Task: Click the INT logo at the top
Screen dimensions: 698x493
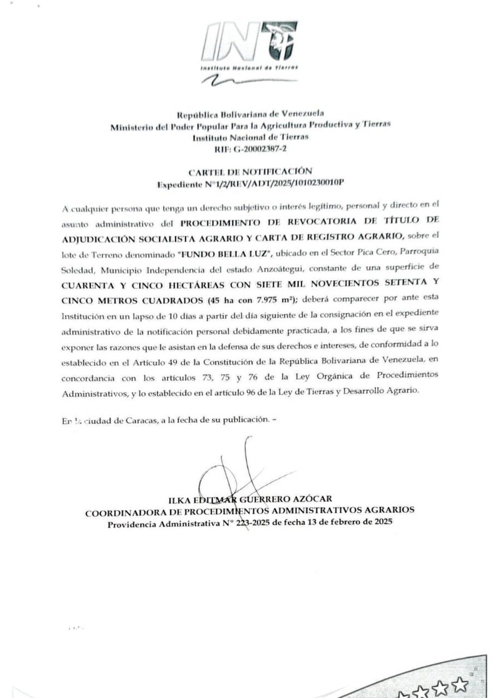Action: [x=249, y=45]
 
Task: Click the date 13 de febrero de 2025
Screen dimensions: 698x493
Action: [x=349, y=522]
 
